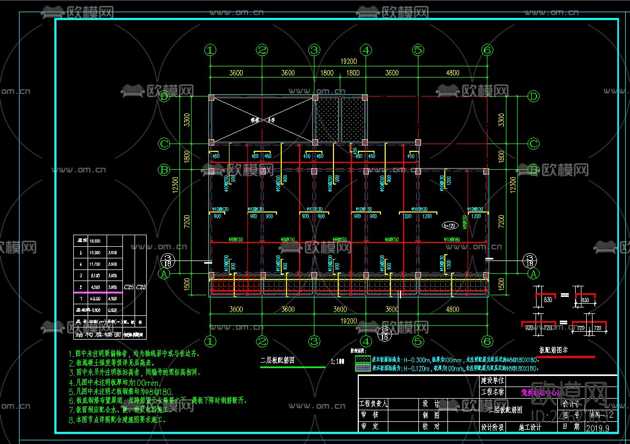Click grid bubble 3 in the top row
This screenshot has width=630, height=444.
point(314,50)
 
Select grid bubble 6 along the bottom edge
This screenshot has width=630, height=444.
point(487,341)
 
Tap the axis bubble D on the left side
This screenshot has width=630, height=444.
point(165,96)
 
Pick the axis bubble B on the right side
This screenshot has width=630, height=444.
point(533,170)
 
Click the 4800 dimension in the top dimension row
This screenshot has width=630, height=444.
point(452,73)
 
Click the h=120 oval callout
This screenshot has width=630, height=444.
point(450,226)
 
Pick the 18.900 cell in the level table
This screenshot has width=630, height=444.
point(96,240)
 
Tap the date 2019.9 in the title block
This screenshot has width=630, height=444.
point(597,428)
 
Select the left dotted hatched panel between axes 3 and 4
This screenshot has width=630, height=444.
point(327,119)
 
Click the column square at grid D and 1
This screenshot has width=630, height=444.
point(211,97)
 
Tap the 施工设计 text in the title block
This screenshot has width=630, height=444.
point(530,427)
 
